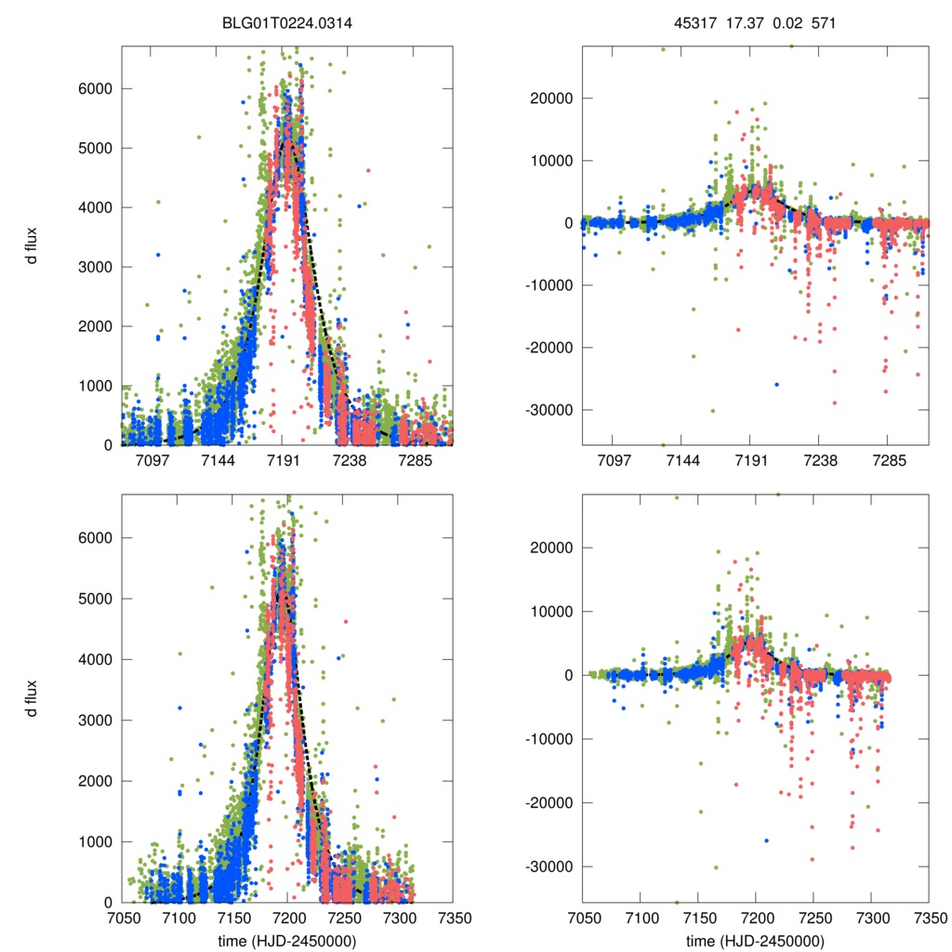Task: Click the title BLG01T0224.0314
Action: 287,24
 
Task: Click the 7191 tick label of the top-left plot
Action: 284,461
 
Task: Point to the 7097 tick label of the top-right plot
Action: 614,461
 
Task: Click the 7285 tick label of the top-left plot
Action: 416,461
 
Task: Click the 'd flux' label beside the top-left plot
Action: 32,245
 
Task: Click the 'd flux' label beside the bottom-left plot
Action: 32,697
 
